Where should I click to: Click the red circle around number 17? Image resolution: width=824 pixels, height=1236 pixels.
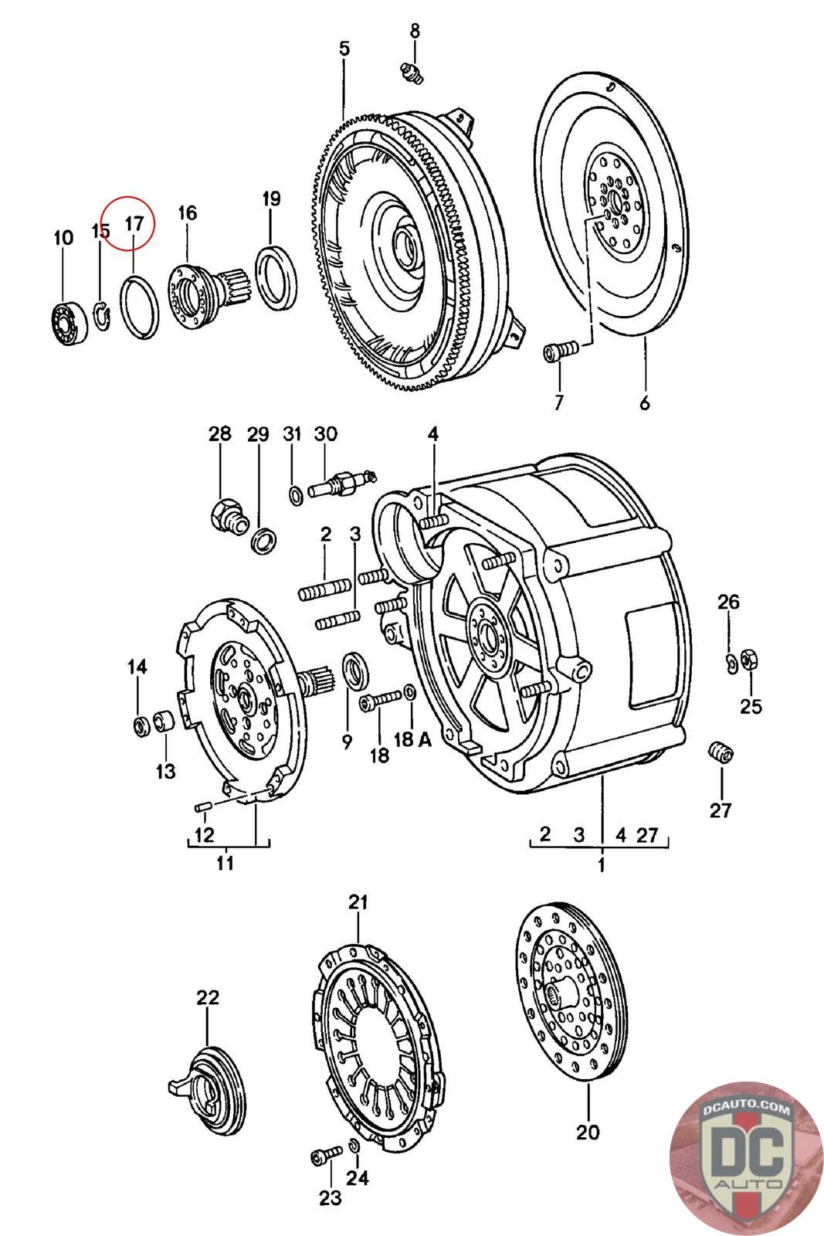(x=131, y=223)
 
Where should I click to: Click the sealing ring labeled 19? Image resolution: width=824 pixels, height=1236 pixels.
(x=276, y=279)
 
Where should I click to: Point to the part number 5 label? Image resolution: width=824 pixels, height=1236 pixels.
(x=344, y=49)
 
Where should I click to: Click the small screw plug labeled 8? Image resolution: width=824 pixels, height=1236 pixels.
(x=412, y=73)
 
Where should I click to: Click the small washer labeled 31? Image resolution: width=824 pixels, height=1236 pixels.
(x=297, y=496)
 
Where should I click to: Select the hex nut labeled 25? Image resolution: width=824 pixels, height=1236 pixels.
(x=750, y=660)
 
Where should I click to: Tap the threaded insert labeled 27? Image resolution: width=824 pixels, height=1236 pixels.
(x=721, y=752)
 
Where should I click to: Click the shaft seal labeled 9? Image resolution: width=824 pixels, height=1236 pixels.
(x=358, y=669)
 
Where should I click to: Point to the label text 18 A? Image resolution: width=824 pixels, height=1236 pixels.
(x=412, y=739)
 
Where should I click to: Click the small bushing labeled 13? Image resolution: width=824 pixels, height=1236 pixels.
(x=164, y=722)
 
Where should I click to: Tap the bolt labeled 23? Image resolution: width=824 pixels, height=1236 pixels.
(x=326, y=1154)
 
